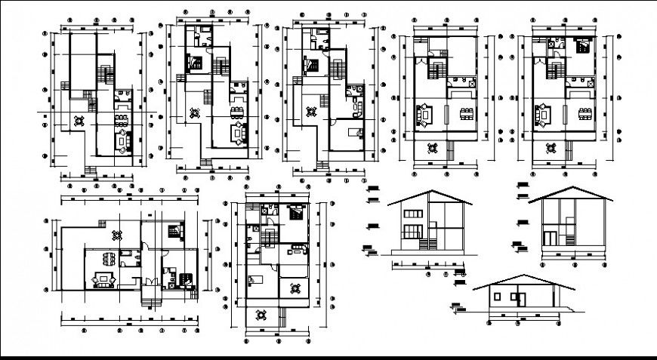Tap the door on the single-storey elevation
point(519,297)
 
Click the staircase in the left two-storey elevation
point(427,244)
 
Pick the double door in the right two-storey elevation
point(551,238)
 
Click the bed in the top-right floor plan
point(583,45)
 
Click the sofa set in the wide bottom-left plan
point(103,281)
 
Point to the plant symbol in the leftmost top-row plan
point(79,118)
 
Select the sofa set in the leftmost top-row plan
point(121,140)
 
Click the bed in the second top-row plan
point(194,63)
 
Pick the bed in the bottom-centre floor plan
point(295,211)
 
